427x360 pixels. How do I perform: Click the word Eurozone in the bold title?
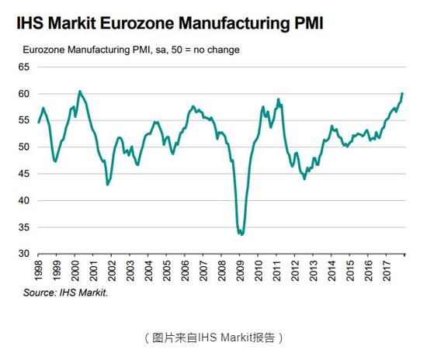click(x=137, y=22)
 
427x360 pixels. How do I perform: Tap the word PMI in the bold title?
click(x=308, y=22)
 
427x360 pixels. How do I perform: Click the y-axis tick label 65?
click(x=24, y=67)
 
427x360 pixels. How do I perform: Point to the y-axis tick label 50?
click(x=24, y=147)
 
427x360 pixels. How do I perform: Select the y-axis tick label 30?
click(x=24, y=254)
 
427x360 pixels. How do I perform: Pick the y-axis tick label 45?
click(x=24, y=174)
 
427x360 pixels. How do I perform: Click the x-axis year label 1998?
click(x=38, y=271)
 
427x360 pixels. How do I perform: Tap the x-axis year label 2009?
click(x=240, y=271)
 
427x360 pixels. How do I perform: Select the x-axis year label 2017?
click(x=387, y=271)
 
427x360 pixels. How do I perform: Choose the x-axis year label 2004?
click(x=148, y=271)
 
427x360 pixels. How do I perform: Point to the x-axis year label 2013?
click(x=313, y=271)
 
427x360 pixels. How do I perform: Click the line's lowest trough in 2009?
click(x=241, y=234)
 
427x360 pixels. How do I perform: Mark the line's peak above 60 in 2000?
click(x=79, y=91)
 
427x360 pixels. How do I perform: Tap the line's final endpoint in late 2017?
click(x=402, y=93)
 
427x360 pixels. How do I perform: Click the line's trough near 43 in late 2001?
click(x=108, y=185)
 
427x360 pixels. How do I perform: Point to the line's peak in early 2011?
click(x=278, y=99)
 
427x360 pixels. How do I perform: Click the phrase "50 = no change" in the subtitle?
click(x=205, y=50)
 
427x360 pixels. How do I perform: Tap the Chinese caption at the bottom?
click(x=213, y=337)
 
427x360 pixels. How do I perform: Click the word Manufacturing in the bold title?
click(x=234, y=23)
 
